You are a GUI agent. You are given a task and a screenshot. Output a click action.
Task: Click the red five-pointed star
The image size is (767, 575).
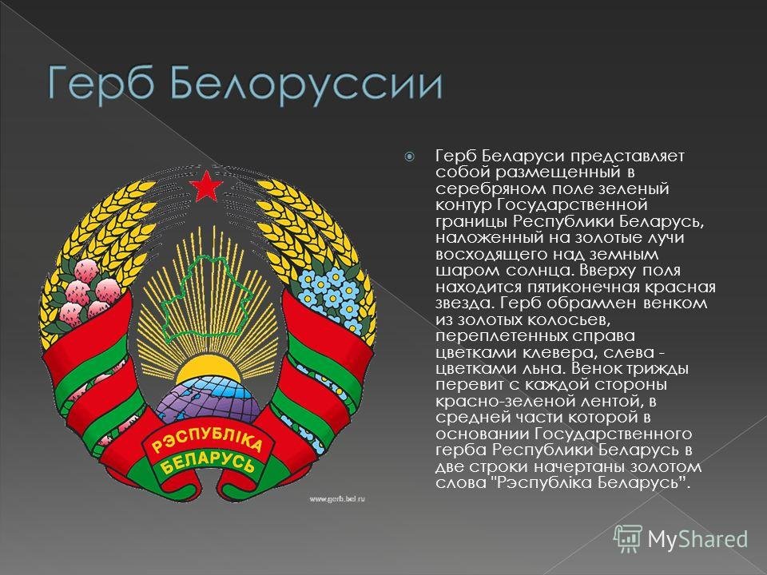click(x=206, y=186)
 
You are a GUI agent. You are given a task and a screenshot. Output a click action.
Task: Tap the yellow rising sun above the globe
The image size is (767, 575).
click(x=209, y=370)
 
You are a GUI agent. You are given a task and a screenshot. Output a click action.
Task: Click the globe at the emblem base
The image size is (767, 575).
click(x=208, y=399)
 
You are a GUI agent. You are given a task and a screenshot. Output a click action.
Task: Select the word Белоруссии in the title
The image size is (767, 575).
click(x=306, y=85)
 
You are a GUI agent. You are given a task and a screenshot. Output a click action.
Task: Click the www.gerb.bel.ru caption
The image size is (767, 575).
click(x=337, y=498)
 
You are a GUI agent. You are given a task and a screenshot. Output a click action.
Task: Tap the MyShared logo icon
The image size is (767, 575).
click(x=628, y=539)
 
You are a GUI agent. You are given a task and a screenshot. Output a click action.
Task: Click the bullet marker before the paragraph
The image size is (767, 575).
click(x=409, y=157)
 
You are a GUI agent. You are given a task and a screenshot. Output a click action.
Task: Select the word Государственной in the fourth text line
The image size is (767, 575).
click(x=572, y=205)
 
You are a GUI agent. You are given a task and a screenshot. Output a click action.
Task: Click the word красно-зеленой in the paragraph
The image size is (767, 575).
click(x=504, y=402)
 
